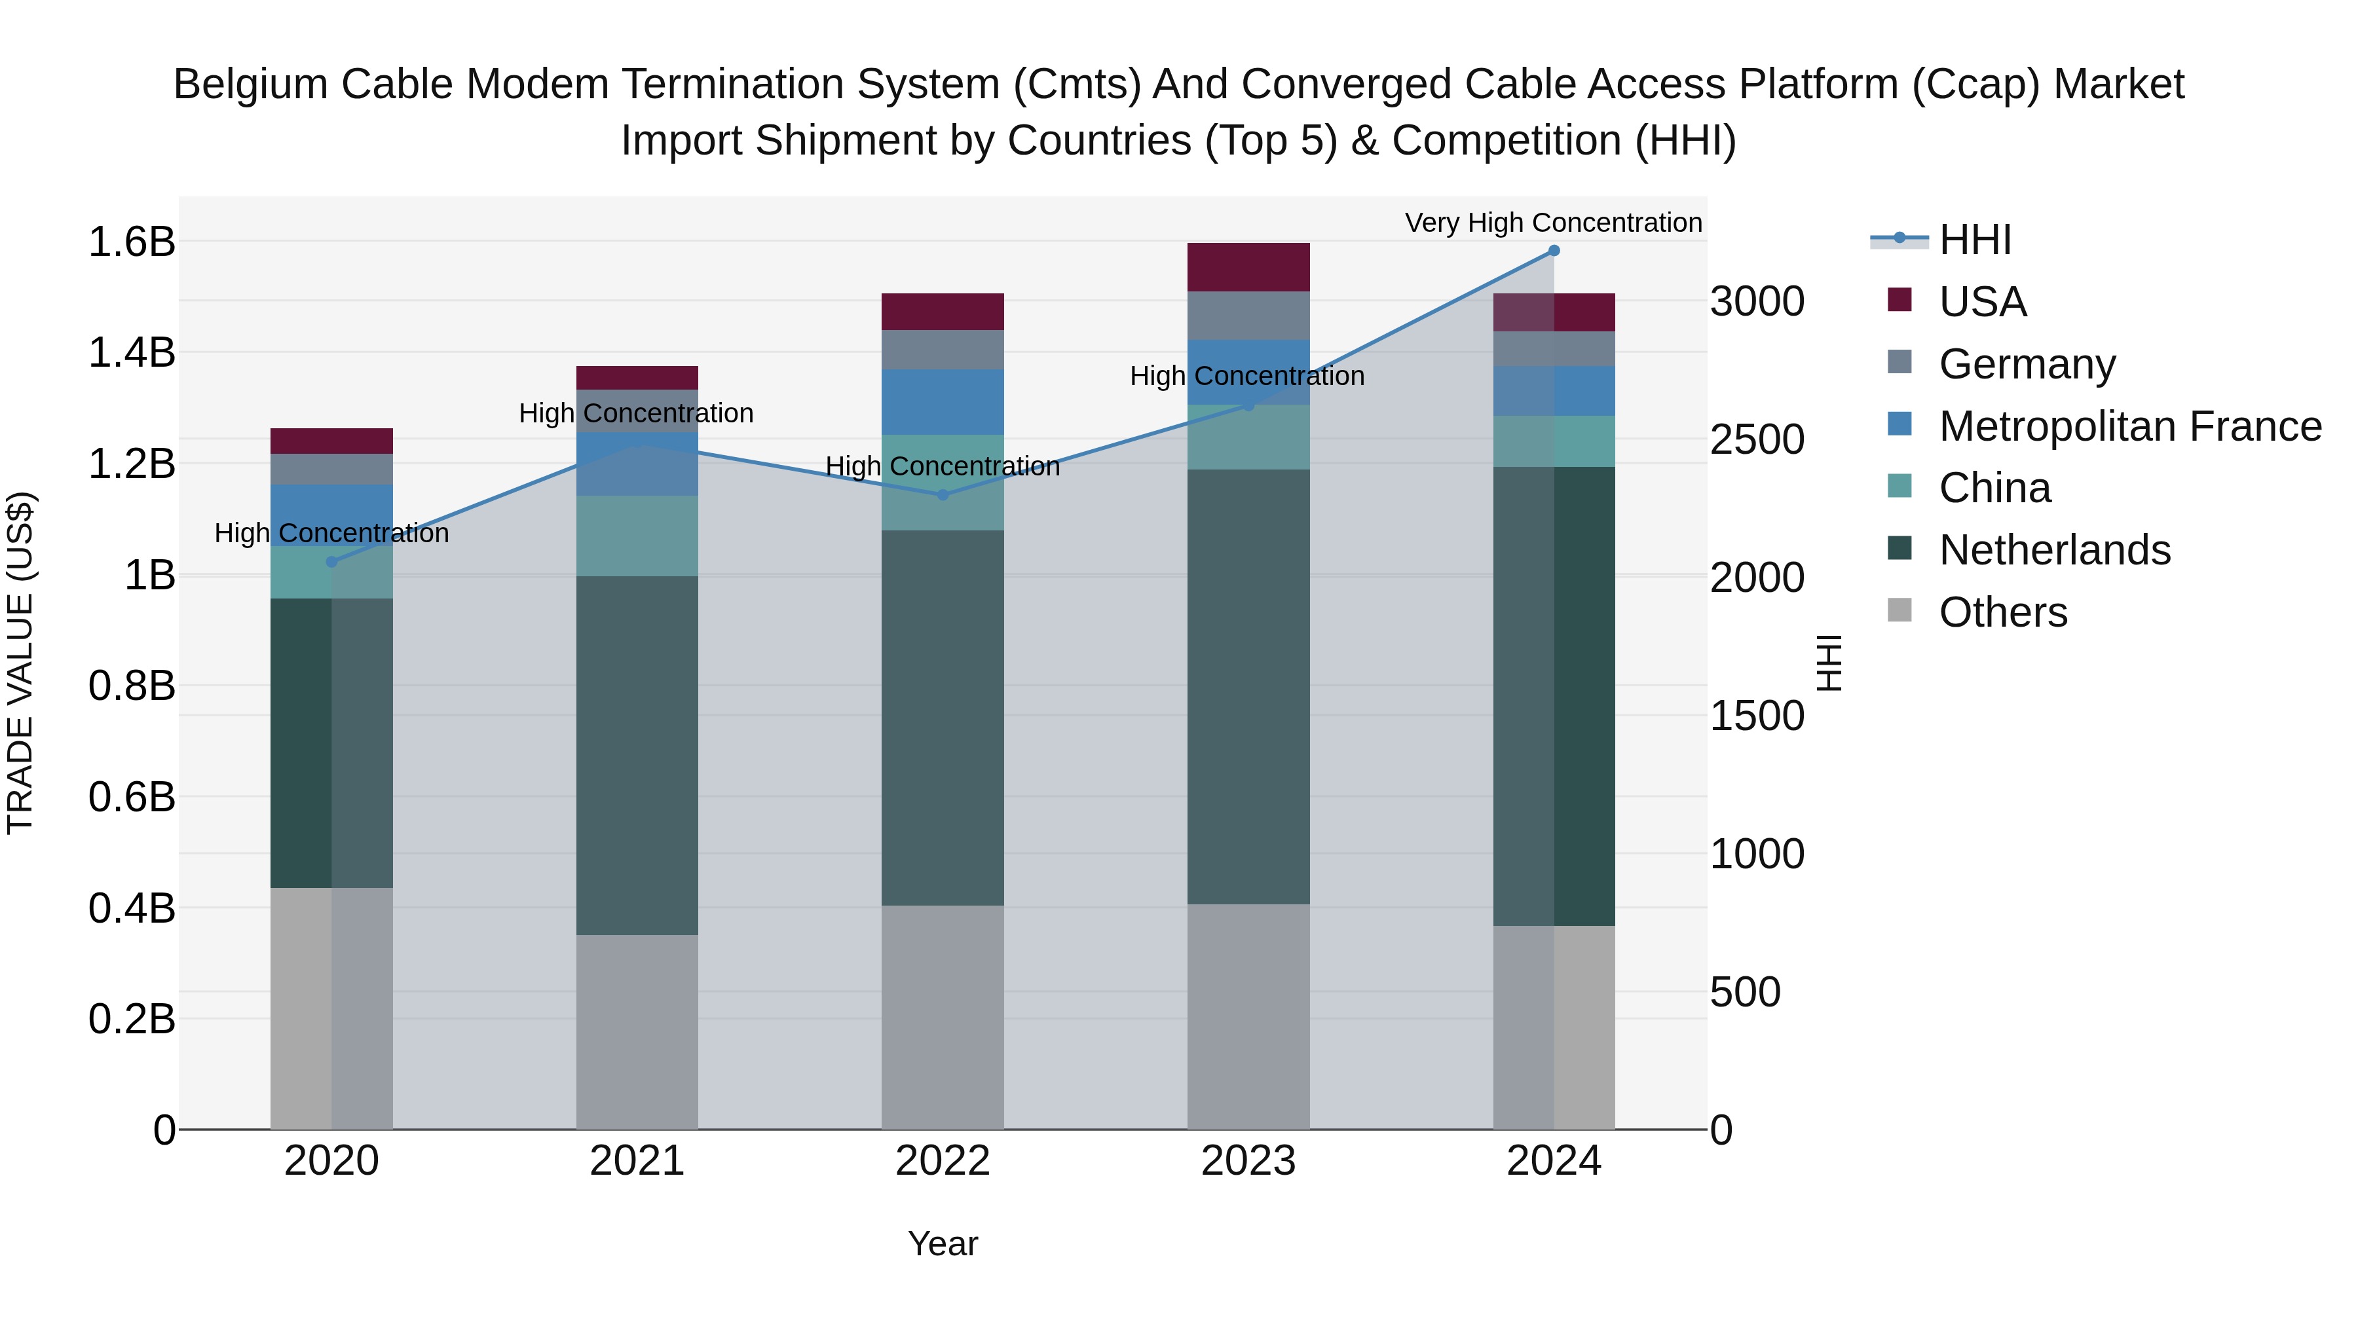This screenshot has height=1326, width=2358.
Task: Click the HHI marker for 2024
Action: click(1554, 251)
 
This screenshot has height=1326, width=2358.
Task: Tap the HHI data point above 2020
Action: click(331, 562)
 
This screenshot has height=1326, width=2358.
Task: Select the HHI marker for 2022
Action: click(943, 495)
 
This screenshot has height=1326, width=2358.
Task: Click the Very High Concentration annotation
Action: click(1554, 223)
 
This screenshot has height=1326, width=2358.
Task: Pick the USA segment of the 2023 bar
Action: click(1248, 267)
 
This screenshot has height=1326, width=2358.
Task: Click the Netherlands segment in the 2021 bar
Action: click(637, 755)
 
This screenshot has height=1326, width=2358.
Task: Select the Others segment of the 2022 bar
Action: click(943, 1017)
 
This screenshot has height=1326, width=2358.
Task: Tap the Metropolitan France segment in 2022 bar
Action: click(943, 402)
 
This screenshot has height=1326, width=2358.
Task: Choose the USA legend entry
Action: click(1982, 302)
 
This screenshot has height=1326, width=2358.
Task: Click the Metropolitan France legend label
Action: click(2130, 426)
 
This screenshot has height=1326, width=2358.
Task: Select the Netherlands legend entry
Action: click(2054, 550)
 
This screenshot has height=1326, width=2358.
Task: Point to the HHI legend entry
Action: click(1974, 240)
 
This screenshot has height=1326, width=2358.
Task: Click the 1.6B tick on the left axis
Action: click(131, 242)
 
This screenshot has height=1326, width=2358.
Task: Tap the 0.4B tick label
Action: click(131, 909)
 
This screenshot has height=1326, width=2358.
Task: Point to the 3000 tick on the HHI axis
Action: click(1757, 302)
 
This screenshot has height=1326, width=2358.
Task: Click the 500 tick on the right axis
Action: click(1745, 992)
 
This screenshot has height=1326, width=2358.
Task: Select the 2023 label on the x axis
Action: click(1248, 1161)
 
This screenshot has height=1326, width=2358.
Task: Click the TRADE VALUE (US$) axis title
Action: click(20, 663)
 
